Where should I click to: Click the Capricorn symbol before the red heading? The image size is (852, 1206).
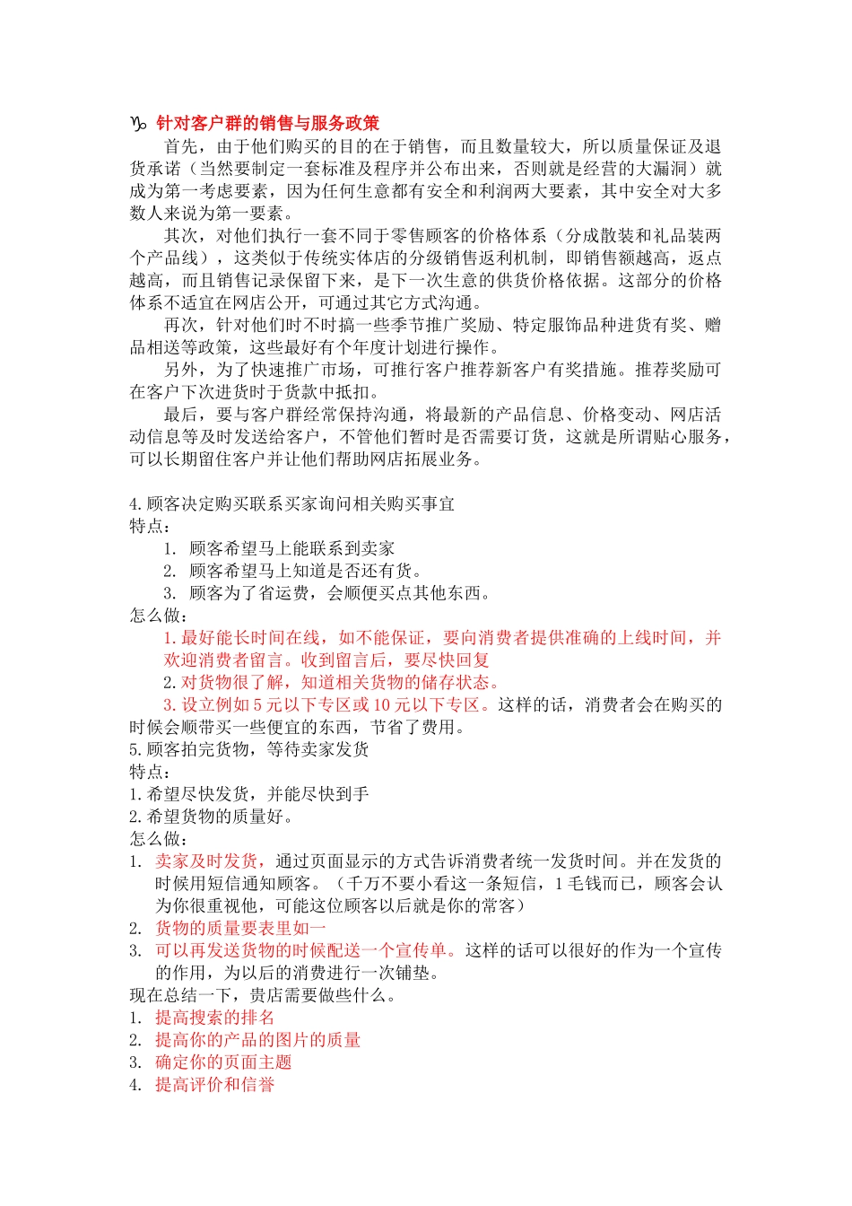pos(139,124)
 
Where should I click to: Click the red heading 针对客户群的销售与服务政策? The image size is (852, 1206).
pos(267,124)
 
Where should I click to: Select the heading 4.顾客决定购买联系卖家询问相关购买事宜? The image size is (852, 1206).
pos(292,503)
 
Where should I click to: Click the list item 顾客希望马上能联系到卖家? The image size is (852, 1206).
pos(291,548)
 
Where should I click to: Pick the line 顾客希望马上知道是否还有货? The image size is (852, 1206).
pos(305,571)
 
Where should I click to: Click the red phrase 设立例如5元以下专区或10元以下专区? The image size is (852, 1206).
pos(326,704)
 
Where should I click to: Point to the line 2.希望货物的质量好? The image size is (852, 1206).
pos(212,817)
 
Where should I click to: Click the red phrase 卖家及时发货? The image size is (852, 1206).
pos(207,861)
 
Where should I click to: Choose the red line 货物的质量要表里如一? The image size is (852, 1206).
pos(241,928)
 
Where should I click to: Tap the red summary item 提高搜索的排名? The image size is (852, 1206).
pos(215,1018)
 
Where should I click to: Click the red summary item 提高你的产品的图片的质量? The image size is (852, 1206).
pos(258,1040)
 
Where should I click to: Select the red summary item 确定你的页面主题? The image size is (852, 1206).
pos(223,1062)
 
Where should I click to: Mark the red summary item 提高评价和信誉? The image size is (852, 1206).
pos(215,1085)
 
